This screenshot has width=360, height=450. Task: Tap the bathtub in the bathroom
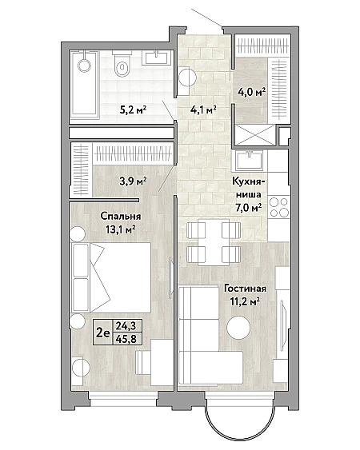pos(85,85)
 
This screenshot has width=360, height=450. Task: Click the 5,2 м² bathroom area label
pos(134,110)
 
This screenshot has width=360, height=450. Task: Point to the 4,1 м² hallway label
pos(203,110)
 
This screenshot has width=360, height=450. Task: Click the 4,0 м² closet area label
pos(251,93)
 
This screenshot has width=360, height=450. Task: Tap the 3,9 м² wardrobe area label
pos(133,181)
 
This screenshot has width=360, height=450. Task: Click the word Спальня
pos(121,216)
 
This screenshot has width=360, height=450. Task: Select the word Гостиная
pos(245,289)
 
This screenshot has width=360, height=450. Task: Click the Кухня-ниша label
pos(248,188)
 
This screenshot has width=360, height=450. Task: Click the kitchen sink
pos(250,160)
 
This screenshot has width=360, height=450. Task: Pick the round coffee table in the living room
pos(238,327)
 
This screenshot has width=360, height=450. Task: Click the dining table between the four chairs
pos(214,242)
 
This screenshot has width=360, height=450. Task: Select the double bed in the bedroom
pos(112,277)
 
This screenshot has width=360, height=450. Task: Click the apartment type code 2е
pos(103,333)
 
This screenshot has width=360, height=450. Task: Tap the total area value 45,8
pos(126,339)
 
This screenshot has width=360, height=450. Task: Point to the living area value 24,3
pos(126,326)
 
